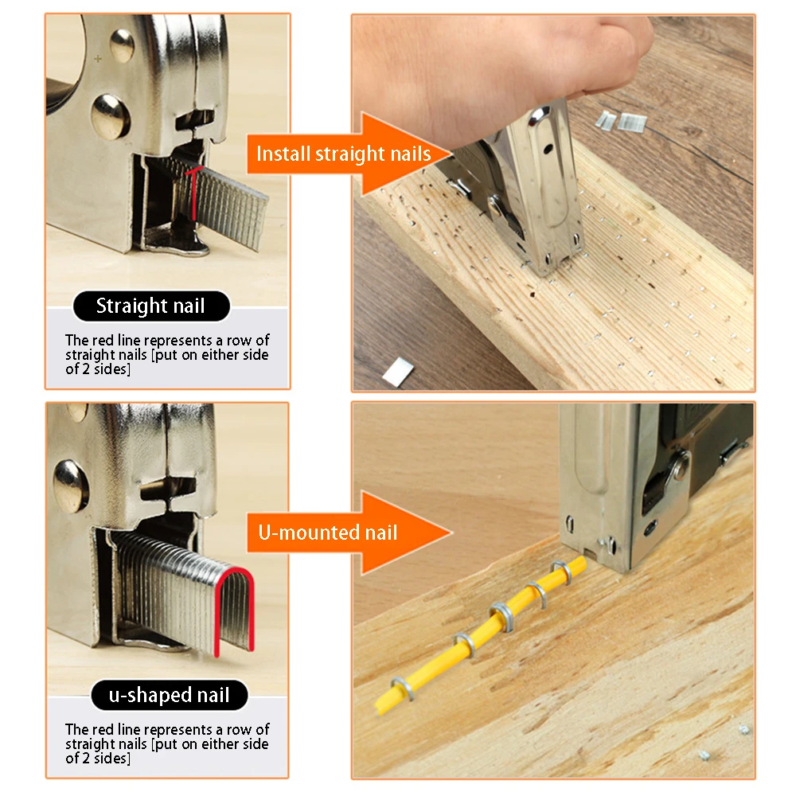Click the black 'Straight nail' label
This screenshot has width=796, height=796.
click(x=151, y=306)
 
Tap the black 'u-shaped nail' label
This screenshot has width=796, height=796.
click(x=170, y=695)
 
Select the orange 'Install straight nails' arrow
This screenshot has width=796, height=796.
click(x=349, y=154)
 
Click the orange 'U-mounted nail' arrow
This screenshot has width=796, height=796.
click(x=349, y=533)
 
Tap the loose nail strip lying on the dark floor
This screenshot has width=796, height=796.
click(x=398, y=372)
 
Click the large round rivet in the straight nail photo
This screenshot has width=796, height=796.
click(x=110, y=117)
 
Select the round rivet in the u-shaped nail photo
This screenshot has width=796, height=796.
click(x=71, y=486)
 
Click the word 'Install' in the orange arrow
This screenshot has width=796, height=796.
click(x=283, y=154)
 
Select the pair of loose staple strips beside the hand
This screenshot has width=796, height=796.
click(x=620, y=121)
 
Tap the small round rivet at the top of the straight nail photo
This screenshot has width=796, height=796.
click(x=123, y=45)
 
